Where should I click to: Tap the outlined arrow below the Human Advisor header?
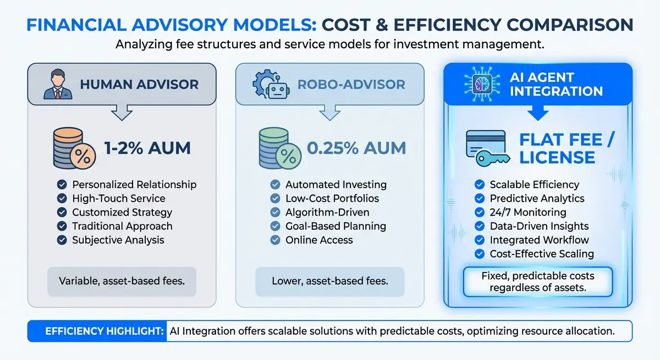pyautogui.click(x=122, y=112)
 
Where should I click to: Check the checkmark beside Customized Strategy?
pyautogui.click(x=62, y=212)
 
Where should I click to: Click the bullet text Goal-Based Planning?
pyautogui.click(x=335, y=226)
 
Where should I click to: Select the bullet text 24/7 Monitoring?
pyautogui.click(x=528, y=212)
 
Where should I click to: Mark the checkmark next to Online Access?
pyautogui.click(x=275, y=240)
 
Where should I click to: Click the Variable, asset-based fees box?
pyautogui.click(x=122, y=281)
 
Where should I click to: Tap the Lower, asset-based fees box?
pyautogui.click(x=329, y=281)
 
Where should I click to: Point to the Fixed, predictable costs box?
pyautogui.click(x=538, y=281)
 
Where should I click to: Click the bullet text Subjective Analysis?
pyautogui.click(x=118, y=240)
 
